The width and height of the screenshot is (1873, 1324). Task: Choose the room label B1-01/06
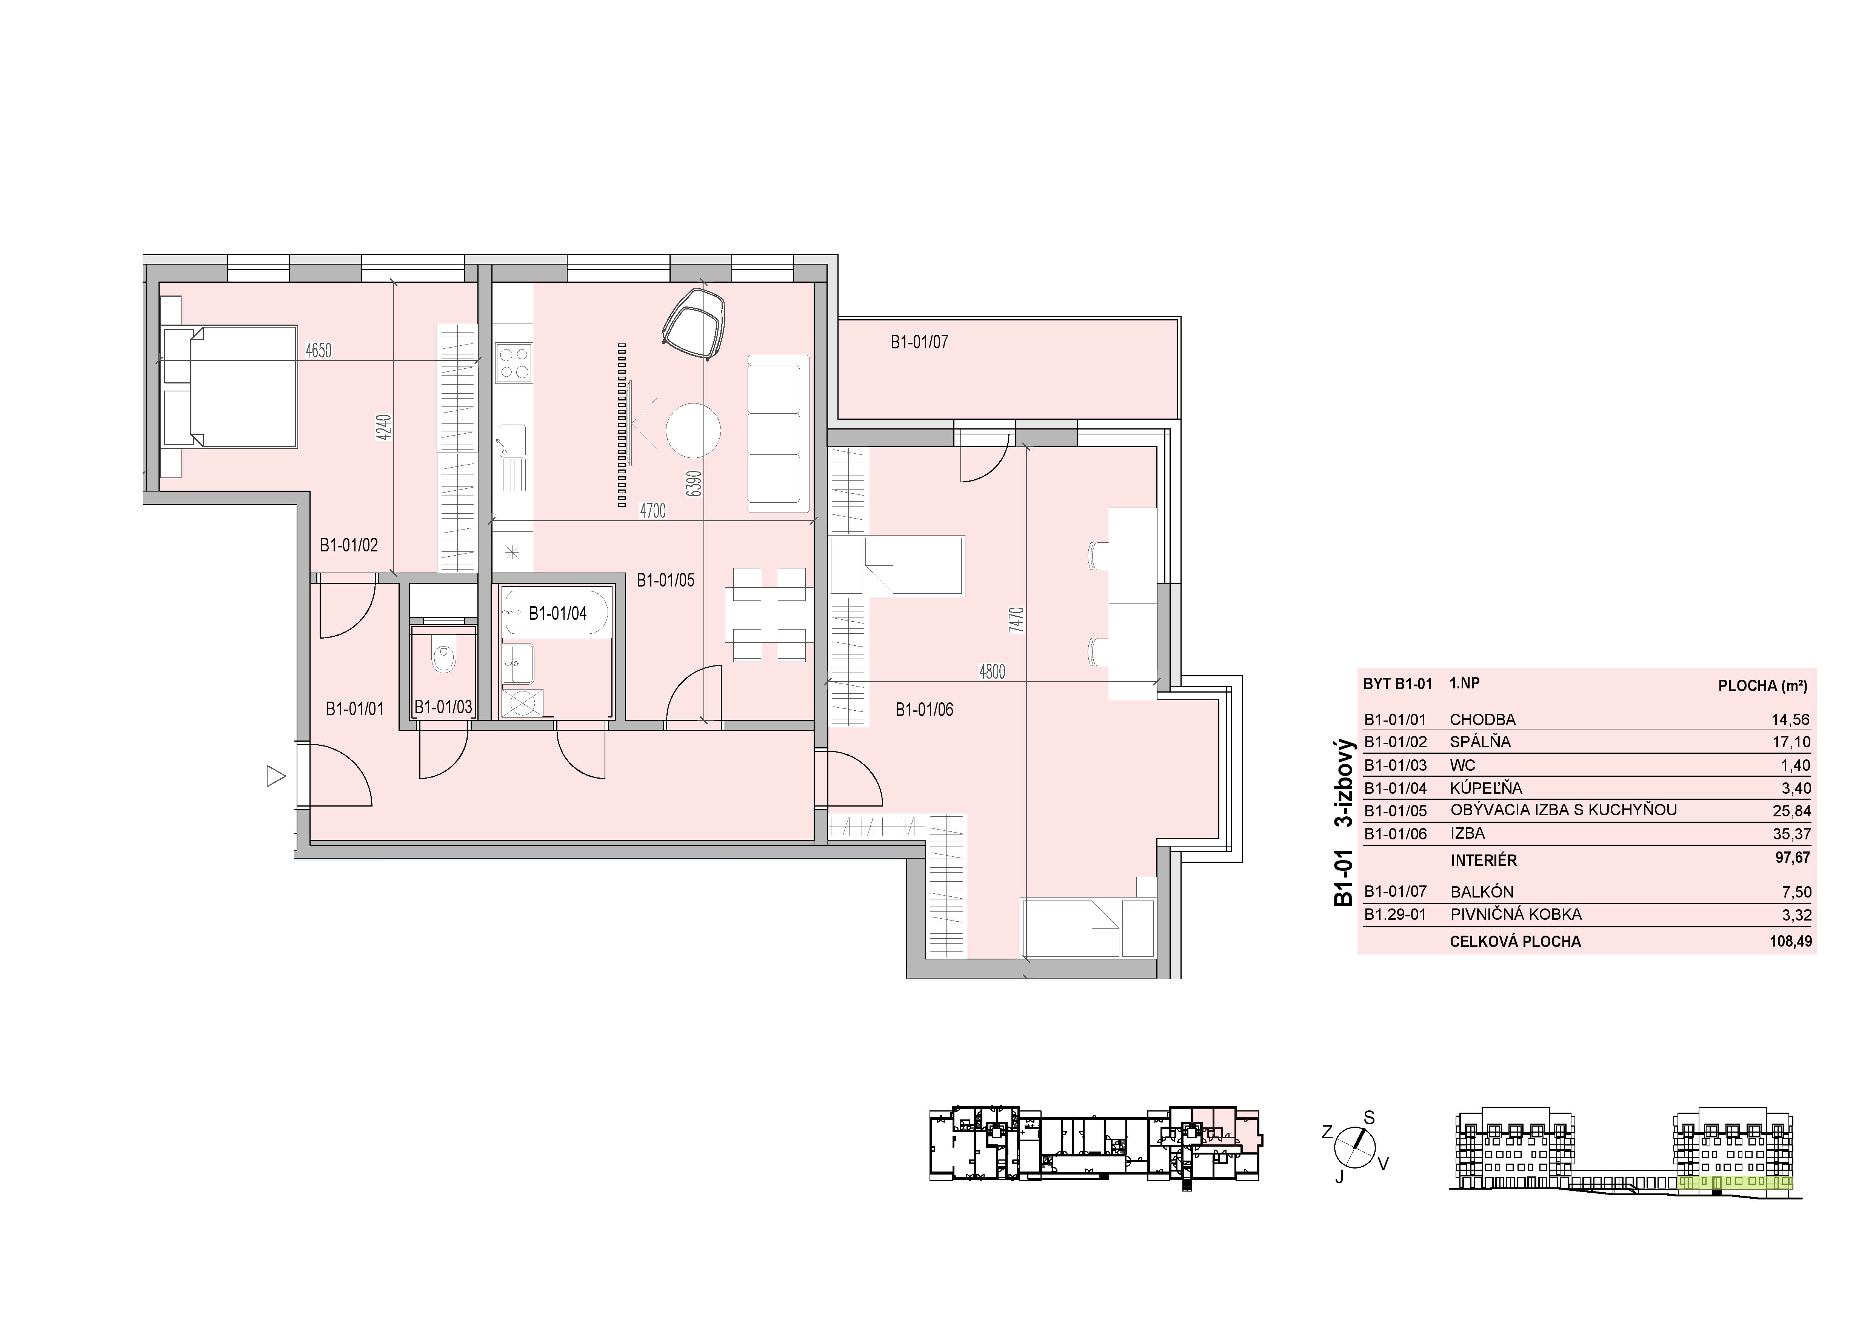pos(924,710)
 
